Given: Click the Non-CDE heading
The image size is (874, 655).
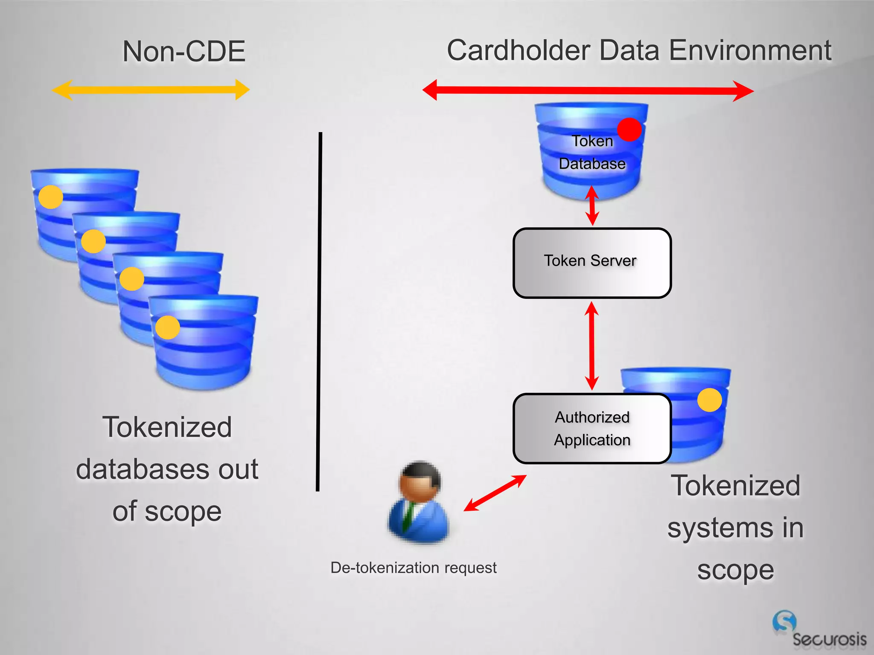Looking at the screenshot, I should point(184,52).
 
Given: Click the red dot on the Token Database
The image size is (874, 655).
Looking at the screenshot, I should point(629,129).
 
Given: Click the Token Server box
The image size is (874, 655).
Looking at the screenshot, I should point(592,263).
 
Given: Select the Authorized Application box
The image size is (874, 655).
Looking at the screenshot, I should point(592,429).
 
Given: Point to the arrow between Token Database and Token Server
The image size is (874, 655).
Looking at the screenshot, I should point(592,206).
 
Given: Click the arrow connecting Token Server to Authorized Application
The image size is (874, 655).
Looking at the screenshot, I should point(591,345).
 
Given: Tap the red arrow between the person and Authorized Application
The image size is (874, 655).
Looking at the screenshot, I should point(495,493).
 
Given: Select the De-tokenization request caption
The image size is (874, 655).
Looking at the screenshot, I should point(413,568).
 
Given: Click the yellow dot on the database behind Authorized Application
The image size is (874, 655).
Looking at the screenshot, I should point(709,400).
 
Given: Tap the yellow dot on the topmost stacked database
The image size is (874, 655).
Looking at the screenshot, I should point(51,197).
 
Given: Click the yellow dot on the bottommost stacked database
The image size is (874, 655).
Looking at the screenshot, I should point(167,327).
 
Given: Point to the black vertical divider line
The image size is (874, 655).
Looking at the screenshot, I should point(319,311).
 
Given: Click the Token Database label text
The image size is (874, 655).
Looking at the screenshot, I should point(592,152).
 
